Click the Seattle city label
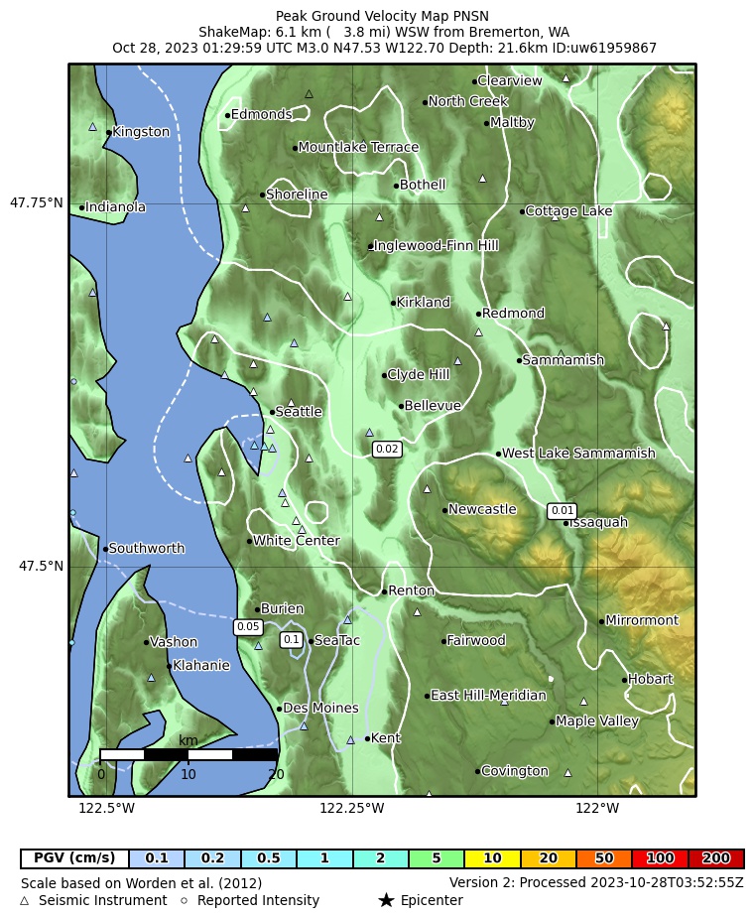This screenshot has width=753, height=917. [299, 412]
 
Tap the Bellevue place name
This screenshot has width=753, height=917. [433, 406]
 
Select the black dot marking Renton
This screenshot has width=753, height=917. [384, 591]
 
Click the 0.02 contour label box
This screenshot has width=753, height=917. [387, 450]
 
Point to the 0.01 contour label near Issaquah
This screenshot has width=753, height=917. [563, 511]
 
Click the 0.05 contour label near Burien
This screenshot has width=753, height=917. [248, 627]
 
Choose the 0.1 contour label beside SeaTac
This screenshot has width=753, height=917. [292, 640]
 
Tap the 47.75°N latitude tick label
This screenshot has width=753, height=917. [37, 203]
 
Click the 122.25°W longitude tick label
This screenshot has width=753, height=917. [351, 809]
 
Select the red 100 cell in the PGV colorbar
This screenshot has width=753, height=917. [661, 858]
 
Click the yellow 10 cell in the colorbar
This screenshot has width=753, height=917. [493, 858]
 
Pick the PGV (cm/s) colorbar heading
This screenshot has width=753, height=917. [74, 858]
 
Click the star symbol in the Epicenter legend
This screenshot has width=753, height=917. [386, 900]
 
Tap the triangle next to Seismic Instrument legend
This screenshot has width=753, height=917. [25, 901]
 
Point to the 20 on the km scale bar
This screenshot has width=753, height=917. [276, 774]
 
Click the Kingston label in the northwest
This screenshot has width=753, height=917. [141, 132]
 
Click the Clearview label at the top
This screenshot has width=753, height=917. [510, 81]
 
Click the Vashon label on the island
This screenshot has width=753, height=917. [174, 642]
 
